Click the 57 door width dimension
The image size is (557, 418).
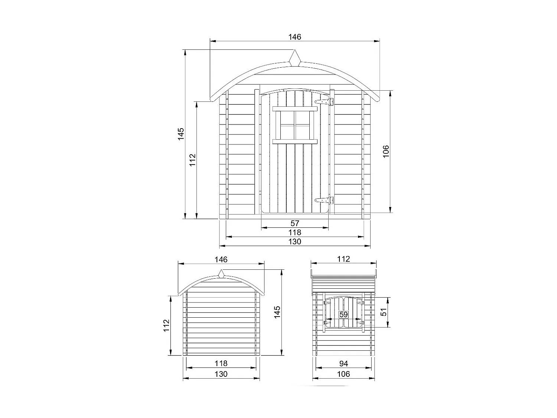coord(295,223)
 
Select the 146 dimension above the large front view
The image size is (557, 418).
coord(295,37)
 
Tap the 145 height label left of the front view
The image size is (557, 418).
coord(181,134)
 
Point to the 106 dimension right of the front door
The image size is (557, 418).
coord(386,152)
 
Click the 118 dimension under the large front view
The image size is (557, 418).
coord(295,232)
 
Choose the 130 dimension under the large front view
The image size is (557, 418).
coord(295,242)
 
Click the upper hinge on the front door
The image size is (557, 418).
coord(325,101)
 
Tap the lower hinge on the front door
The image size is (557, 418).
coord(325,200)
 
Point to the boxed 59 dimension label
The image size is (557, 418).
coord(343,314)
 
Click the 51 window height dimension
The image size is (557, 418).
coord(384,312)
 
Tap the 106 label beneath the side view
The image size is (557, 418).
coord(343,374)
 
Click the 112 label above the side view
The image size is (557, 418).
coord(343,259)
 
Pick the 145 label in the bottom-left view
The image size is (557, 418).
coord(277,312)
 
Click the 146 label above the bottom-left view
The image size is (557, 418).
coord(221,259)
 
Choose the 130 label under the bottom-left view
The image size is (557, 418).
coord(221,374)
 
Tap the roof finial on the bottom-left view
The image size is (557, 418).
coord(221,274)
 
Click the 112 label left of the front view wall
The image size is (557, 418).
coord(192,160)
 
